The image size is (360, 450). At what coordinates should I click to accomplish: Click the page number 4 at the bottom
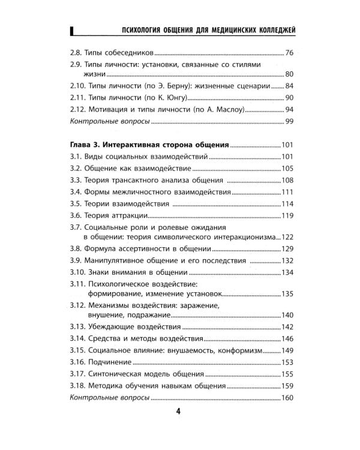tap(178, 411)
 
